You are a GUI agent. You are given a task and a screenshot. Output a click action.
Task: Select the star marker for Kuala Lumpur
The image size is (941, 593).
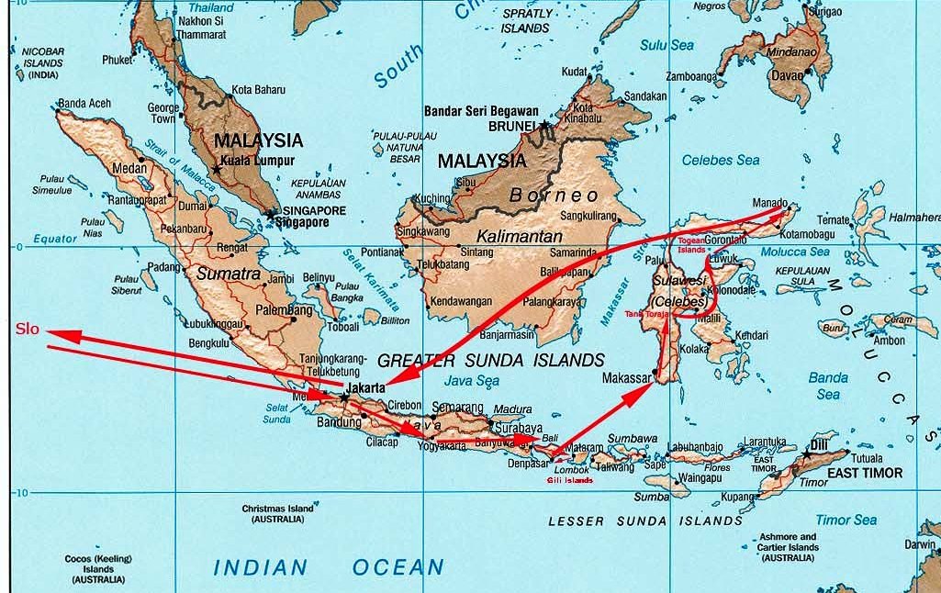217,170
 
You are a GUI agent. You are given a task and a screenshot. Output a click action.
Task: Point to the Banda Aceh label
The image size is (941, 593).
84,104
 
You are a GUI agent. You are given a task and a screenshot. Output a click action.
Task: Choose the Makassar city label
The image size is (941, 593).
627,378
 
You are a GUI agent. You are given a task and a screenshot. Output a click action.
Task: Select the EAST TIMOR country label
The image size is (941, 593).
865,473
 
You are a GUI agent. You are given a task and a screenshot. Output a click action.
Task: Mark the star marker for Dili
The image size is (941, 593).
807,454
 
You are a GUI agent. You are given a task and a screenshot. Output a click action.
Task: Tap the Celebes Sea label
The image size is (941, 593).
722,160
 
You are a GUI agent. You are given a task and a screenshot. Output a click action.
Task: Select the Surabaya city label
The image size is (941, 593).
517,428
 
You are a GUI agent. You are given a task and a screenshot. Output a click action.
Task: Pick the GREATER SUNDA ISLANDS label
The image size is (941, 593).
491,360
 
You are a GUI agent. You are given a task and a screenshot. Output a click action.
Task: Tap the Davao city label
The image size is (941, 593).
787,75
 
